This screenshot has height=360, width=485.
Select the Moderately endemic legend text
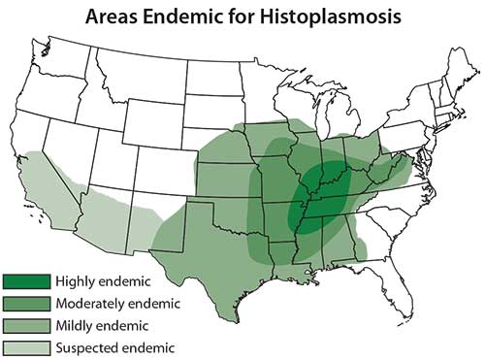(119, 305)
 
